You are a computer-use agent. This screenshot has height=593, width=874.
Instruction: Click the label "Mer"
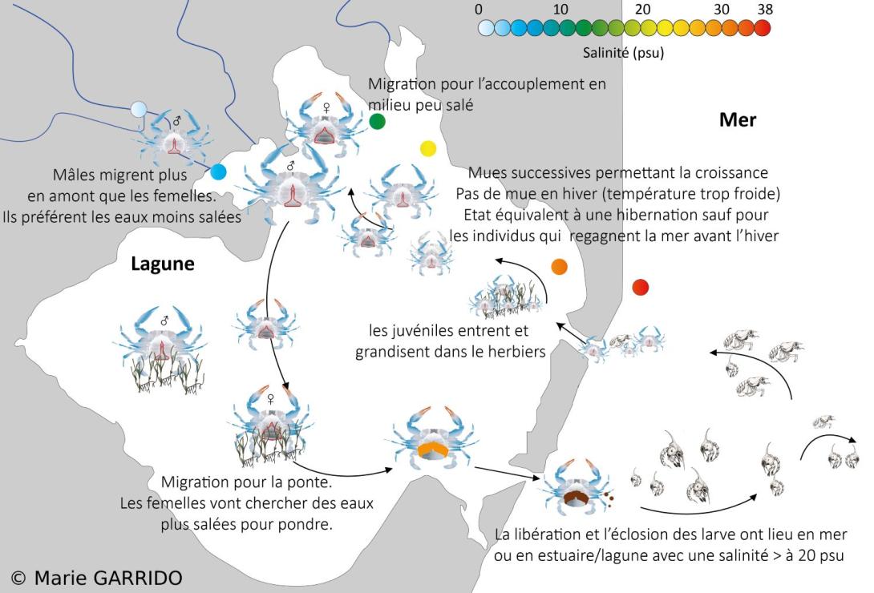[738, 120]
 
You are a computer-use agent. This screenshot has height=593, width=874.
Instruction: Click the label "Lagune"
[163, 264]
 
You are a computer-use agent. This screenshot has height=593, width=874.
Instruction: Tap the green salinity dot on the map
[378, 122]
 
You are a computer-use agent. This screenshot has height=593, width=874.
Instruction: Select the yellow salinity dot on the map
[428, 148]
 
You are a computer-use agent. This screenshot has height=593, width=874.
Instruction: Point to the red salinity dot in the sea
[640, 287]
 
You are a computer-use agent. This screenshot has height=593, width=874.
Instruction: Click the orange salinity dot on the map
[560, 267]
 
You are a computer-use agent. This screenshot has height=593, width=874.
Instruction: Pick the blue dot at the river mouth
[218, 171]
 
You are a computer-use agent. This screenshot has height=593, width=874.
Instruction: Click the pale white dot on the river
[139, 109]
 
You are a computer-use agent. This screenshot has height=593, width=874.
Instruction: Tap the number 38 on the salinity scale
[764, 10]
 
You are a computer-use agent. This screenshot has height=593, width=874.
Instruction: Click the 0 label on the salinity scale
[479, 10]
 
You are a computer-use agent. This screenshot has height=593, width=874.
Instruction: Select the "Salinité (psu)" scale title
[624, 54]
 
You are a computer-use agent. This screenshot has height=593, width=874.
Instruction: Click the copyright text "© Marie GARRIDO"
[97, 577]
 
